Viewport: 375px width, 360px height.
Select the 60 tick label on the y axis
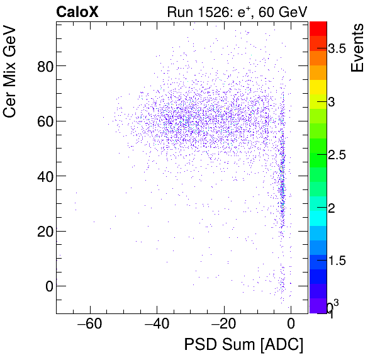pyautogui.click(x=43, y=121)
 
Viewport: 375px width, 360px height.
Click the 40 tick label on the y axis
pyautogui.click(x=43, y=176)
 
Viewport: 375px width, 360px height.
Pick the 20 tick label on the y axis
pyautogui.click(x=43, y=231)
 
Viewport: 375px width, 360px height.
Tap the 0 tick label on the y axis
pyautogui.click(x=48, y=286)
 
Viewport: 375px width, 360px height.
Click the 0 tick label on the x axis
pyautogui.click(x=291, y=325)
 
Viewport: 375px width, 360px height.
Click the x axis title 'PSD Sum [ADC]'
pyautogui.click(x=243, y=346)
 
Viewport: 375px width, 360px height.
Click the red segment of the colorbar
pyautogui.click(x=318, y=28)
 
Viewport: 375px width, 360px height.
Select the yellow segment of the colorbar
pyautogui.click(x=318, y=87)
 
